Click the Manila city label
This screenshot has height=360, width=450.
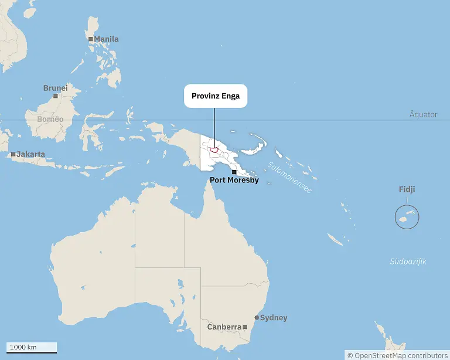click(x=106, y=39)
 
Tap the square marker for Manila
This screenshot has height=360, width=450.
click(x=91, y=39)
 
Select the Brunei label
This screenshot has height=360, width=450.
click(x=55, y=88)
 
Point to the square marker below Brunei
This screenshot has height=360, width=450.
click(x=56, y=96)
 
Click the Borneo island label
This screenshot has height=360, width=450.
click(x=50, y=119)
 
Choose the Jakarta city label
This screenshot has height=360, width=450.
click(x=30, y=154)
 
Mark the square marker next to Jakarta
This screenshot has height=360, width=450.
click(x=13, y=154)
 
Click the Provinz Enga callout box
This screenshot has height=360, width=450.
click(x=216, y=96)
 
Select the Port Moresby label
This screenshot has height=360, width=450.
click(x=234, y=180)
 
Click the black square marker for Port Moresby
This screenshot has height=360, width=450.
click(x=234, y=172)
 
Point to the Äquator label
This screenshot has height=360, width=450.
click(x=423, y=114)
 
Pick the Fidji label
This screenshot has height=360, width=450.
click(x=407, y=189)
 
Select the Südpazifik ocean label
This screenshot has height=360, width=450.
click(x=408, y=261)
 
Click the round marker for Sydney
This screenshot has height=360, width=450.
click(x=257, y=318)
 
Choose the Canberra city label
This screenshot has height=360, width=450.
click(x=224, y=327)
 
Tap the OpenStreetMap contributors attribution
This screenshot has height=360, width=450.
click(x=397, y=355)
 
